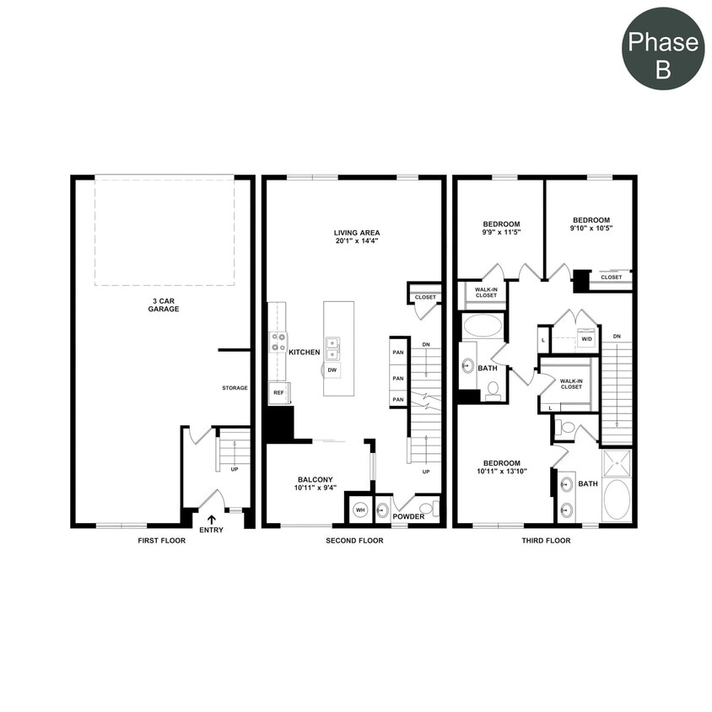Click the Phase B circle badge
pos(663,49)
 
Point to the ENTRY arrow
pos(211,520)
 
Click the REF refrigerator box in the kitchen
pos(278,393)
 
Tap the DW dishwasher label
pos(333,370)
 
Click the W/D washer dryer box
pos(586,340)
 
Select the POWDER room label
pos(408,516)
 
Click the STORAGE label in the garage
pos(235,388)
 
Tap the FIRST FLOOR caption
pos(161,541)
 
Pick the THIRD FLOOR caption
pos(545,541)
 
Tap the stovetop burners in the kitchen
pos(278,342)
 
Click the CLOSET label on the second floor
pos(425,297)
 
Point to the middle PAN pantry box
pos(399,378)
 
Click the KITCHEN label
pos(305,352)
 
